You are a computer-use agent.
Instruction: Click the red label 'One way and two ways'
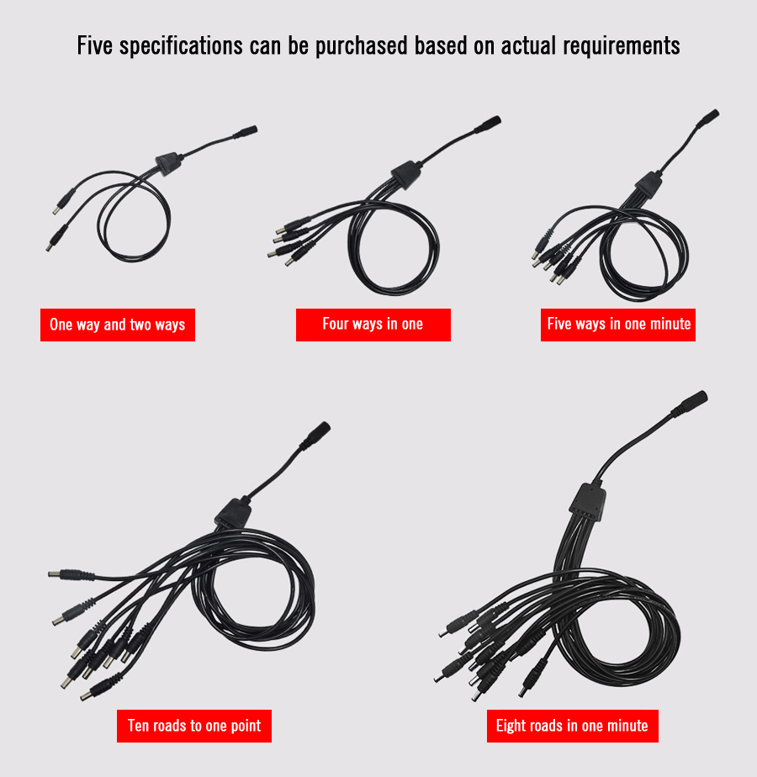(118, 325)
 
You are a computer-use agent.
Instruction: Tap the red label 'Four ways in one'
(373, 325)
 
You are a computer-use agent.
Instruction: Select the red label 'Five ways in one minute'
(618, 325)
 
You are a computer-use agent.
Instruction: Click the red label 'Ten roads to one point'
(194, 726)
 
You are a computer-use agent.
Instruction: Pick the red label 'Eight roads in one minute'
(573, 726)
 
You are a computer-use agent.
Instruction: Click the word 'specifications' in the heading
(181, 46)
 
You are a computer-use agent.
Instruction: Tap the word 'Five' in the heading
(95, 45)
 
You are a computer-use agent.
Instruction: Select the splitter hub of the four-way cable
(406, 174)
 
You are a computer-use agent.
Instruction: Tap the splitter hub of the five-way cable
(648, 184)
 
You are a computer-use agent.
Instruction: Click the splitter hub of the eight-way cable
(588, 501)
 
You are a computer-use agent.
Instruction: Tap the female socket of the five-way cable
(708, 118)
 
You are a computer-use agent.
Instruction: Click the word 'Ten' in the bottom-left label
(137, 726)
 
